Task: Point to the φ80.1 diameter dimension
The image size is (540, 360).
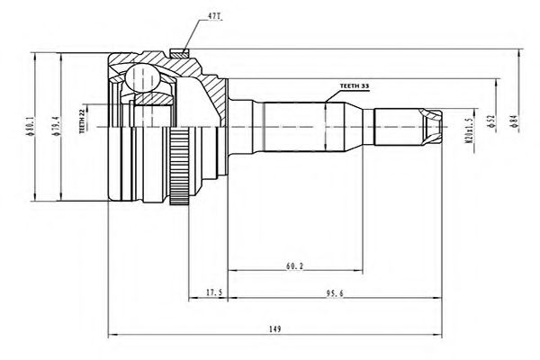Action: (31, 125)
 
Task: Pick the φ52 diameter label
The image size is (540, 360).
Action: (491, 124)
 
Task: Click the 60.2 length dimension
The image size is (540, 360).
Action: (294, 265)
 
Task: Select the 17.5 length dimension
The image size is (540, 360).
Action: (212, 292)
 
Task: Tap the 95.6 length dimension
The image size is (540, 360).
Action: (332, 292)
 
